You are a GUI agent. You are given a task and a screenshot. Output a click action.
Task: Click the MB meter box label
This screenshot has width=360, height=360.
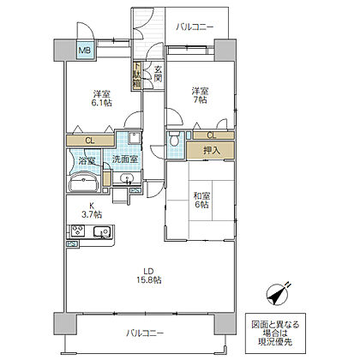[85, 51]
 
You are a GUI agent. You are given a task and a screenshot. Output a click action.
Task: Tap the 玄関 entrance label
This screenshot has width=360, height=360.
[159, 74]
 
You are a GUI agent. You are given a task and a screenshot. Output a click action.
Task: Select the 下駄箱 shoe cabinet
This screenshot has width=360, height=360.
[136, 75]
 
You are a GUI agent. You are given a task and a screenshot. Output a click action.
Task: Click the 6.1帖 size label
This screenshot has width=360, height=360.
[101, 103]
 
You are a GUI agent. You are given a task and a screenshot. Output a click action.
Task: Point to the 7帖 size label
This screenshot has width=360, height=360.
[200, 100]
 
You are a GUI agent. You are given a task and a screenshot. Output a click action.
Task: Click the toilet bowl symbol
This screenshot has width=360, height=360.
[174, 139]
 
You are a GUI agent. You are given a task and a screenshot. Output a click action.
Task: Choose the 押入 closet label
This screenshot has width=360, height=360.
[212, 150]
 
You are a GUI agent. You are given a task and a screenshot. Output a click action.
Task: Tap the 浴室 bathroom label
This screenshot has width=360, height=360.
[87, 160]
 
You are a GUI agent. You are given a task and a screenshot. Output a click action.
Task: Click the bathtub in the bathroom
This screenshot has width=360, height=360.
[84, 182]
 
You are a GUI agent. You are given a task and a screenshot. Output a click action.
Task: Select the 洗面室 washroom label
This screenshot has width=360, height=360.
[125, 159]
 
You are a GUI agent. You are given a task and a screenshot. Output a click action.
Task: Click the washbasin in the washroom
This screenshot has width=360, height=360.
[126, 178]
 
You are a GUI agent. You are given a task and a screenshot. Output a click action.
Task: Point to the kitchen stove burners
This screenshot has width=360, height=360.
[78, 231]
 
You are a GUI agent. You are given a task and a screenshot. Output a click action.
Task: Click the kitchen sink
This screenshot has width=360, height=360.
[102, 231]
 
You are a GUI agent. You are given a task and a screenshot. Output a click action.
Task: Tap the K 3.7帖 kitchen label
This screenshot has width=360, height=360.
[92, 210]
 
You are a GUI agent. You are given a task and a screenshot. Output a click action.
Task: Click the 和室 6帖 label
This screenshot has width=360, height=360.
[201, 201]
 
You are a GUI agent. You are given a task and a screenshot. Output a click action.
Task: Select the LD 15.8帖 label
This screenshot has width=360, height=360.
[148, 275]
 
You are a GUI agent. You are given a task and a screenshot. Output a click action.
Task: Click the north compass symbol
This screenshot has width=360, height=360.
[277, 294]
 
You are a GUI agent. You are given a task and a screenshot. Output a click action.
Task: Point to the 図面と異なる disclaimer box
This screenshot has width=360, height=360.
[275, 333]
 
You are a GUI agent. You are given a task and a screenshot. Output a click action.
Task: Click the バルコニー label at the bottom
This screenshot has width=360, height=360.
[146, 333]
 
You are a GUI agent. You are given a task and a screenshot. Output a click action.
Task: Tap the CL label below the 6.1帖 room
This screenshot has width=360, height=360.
[90, 141]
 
